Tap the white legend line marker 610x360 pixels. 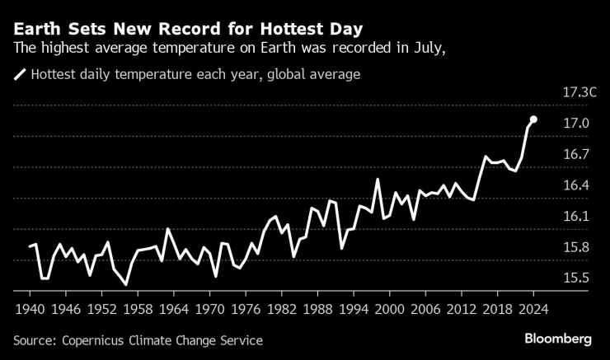[20, 75]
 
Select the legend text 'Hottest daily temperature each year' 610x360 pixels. [143, 75]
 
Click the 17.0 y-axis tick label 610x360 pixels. [575, 124]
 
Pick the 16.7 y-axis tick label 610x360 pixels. [575, 155]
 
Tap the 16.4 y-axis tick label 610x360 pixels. [575, 186]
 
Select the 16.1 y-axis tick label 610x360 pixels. [575, 217]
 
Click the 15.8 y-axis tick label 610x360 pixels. [575, 248]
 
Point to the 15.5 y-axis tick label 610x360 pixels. [575, 278]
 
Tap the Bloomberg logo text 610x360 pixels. [558, 339]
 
